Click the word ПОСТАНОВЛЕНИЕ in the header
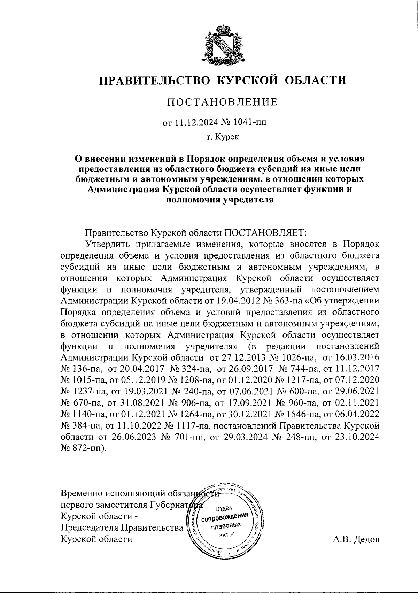pos(223,102)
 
